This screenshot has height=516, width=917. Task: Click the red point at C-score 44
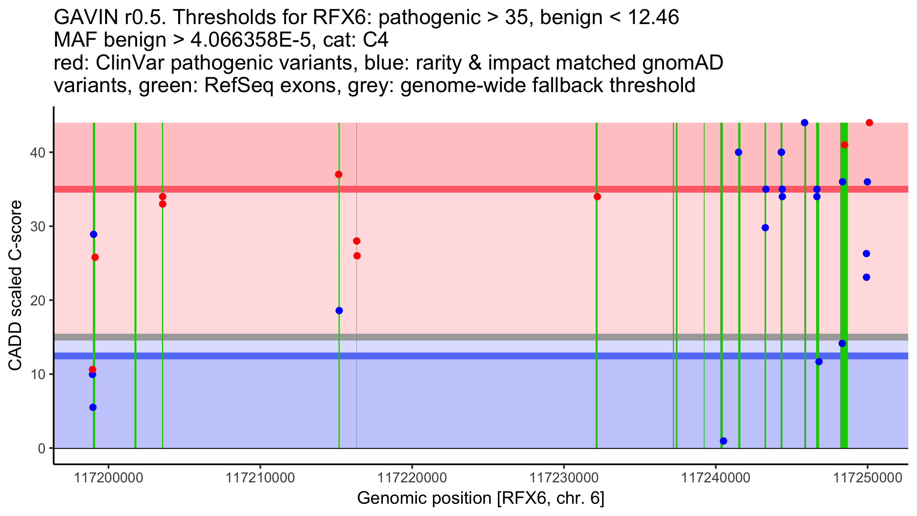[869, 123]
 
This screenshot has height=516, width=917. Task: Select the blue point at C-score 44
[805, 123]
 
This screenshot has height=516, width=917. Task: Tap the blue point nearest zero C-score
[723, 441]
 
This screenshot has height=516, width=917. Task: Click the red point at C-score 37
[339, 174]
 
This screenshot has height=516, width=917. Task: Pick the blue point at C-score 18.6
[339, 310]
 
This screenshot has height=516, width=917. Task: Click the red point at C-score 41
[844, 145]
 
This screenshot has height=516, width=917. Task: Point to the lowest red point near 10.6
[92, 369]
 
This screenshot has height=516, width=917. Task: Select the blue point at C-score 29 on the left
[94, 234]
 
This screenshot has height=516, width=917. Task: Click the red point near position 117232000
[597, 196]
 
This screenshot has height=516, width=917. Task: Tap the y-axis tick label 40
[38, 153]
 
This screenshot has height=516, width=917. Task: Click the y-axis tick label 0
[42, 448]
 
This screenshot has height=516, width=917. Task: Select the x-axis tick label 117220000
[412, 478]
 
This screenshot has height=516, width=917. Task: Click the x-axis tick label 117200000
[109, 478]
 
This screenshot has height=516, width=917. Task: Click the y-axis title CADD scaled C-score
[15, 286]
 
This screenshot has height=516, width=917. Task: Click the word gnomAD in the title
[683, 63]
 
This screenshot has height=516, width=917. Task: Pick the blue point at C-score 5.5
[93, 407]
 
